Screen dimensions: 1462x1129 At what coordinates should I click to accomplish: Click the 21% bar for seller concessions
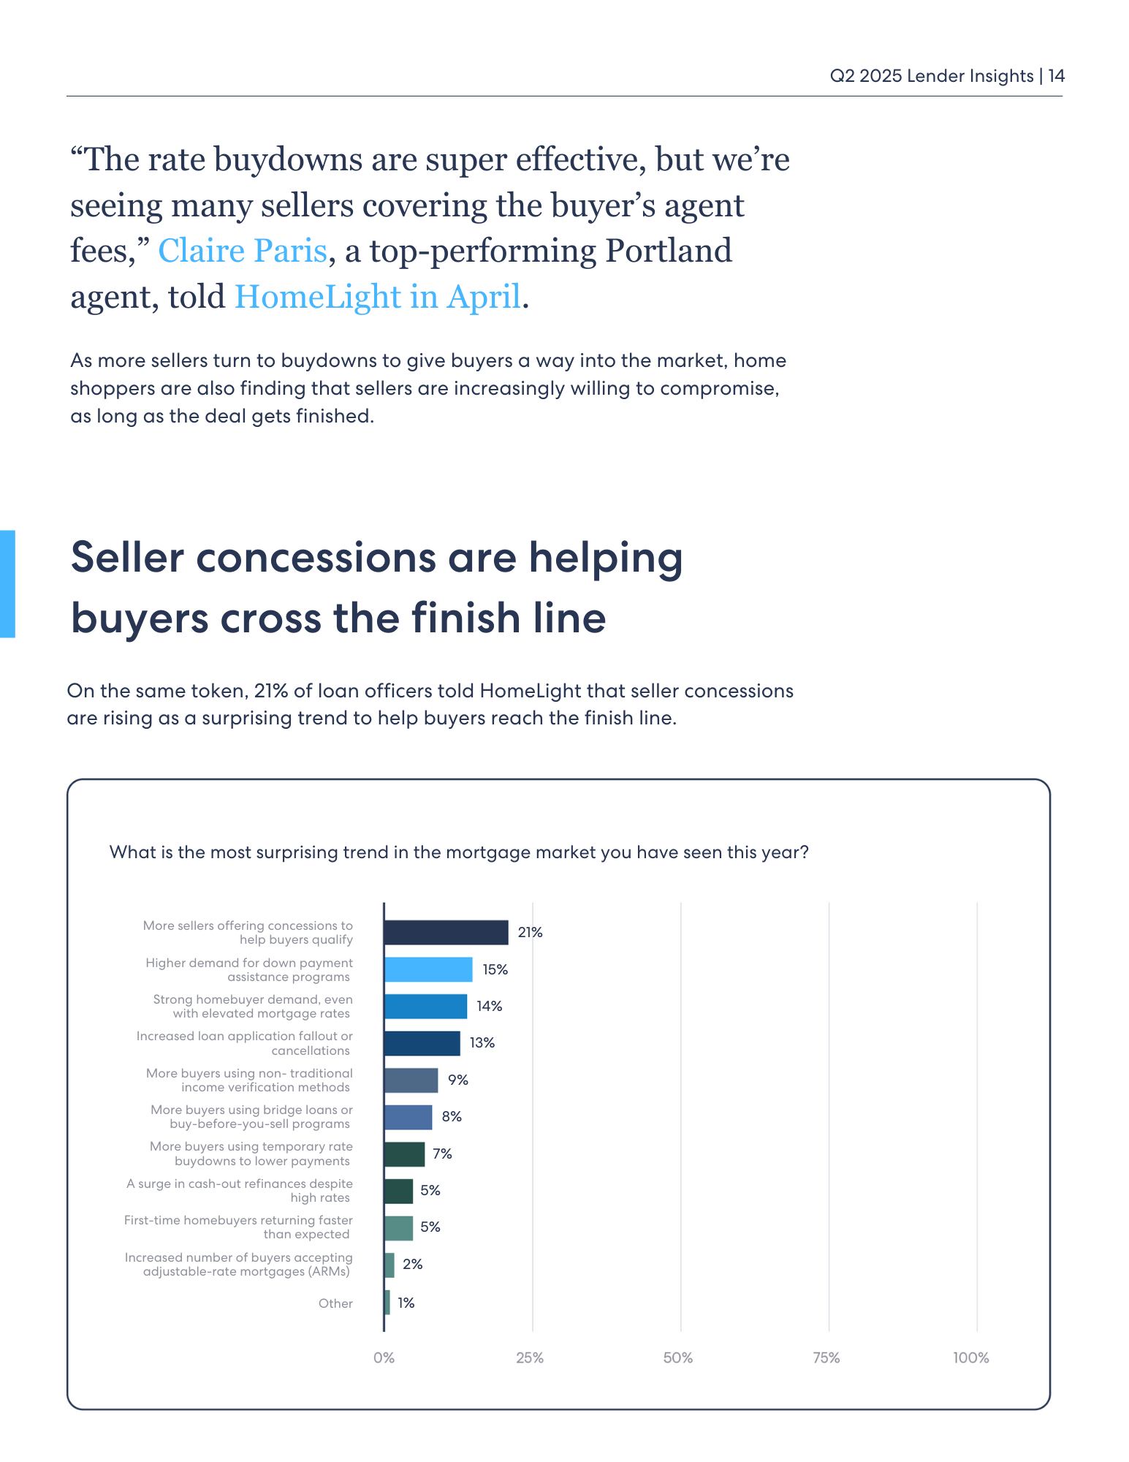tap(446, 932)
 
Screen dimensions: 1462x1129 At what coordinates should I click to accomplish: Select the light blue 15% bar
tap(428, 969)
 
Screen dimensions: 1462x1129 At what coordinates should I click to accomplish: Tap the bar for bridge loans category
tap(408, 1117)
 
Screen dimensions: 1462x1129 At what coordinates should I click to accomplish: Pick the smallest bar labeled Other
tap(387, 1303)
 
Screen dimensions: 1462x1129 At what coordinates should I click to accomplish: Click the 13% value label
tap(482, 1043)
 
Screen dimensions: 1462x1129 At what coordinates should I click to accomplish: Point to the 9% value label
tap(458, 1080)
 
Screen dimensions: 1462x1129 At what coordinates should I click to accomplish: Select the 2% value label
tap(413, 1265)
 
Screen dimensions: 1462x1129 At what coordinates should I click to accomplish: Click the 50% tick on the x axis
tap(678, 1358)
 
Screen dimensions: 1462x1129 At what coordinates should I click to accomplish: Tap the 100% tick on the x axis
tap(971, 1358)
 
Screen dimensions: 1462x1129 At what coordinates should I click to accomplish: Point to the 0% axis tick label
tap(384, 1358)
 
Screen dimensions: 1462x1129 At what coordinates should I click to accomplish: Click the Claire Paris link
tap(242, 251)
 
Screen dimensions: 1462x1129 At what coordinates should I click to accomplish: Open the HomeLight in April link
tap(377, 297)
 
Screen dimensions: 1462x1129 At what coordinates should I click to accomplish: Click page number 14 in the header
tap(1057, 76)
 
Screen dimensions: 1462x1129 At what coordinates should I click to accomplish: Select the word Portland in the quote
tap(668, 251)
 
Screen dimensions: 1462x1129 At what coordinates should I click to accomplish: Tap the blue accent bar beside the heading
tap(7, 584)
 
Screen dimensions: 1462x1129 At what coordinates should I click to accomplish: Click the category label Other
tap(335, 1303)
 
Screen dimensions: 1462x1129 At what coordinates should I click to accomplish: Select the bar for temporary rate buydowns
tap(404, 1154)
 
